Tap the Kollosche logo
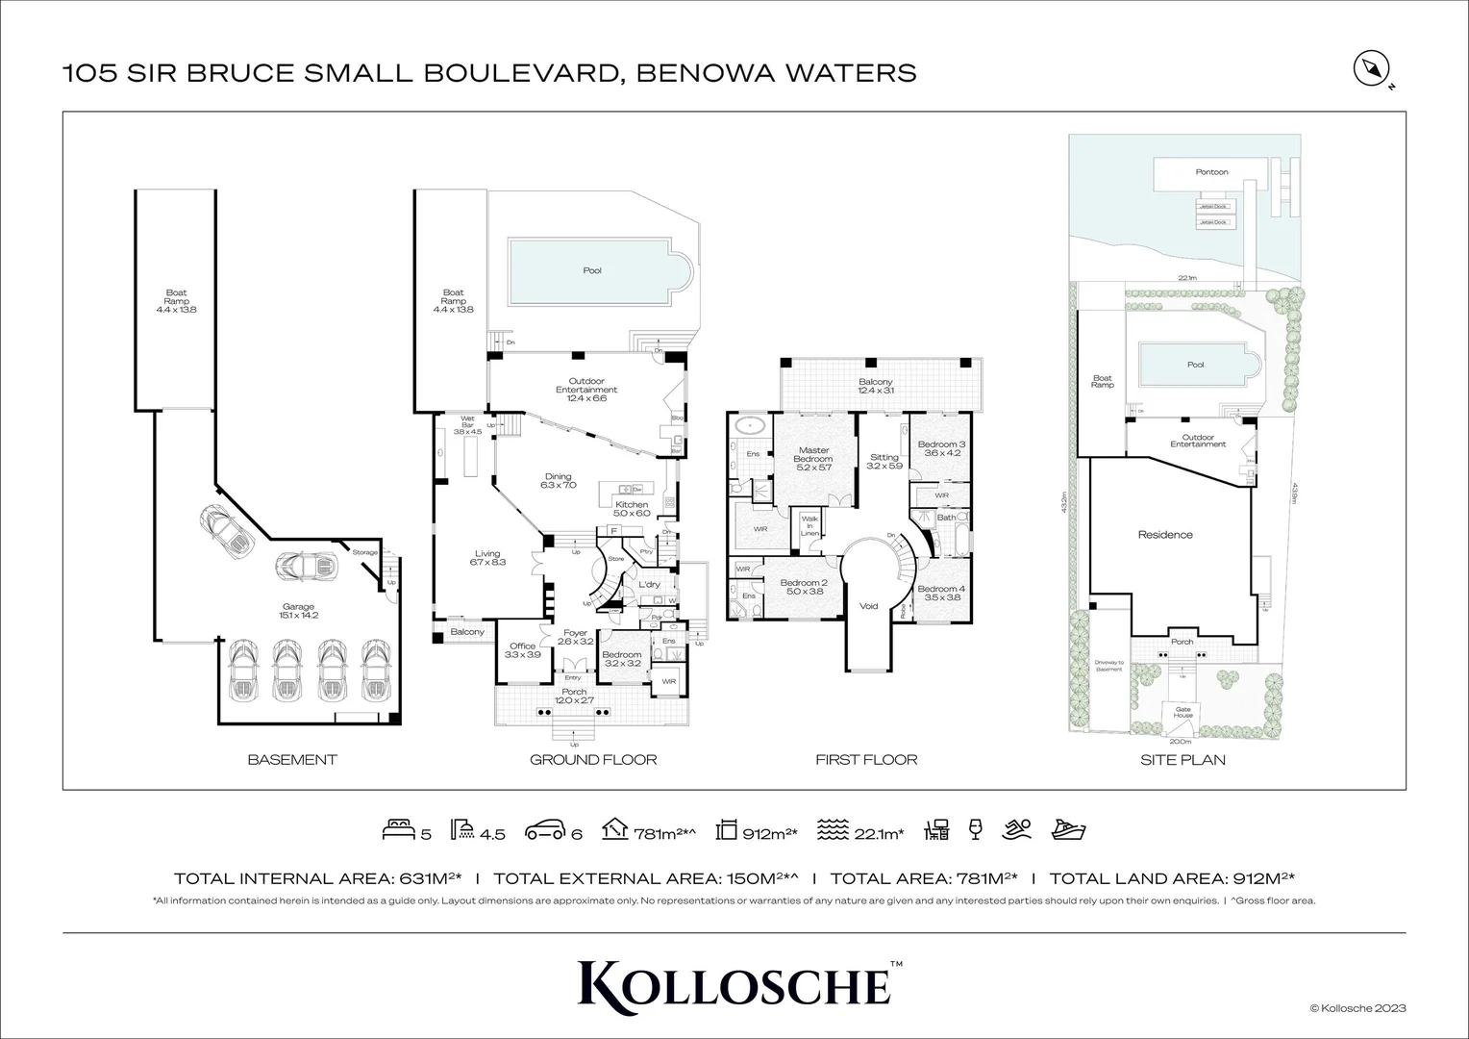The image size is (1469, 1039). point(734,983)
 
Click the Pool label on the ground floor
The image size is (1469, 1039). point(592,270)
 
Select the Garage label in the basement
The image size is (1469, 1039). point(298,611)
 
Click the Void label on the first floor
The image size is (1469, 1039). point(869,606)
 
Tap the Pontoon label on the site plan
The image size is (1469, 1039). point(1211,172)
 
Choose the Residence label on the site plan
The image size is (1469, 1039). point(1165,535)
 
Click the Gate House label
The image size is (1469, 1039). point(1183,713)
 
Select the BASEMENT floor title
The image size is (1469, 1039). point(292,760)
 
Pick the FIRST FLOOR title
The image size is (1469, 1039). point(866,760)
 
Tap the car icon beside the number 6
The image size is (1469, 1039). point(544,831)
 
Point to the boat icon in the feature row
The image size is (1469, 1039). point(1069,830)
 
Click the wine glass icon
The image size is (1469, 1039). point(975,830)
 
